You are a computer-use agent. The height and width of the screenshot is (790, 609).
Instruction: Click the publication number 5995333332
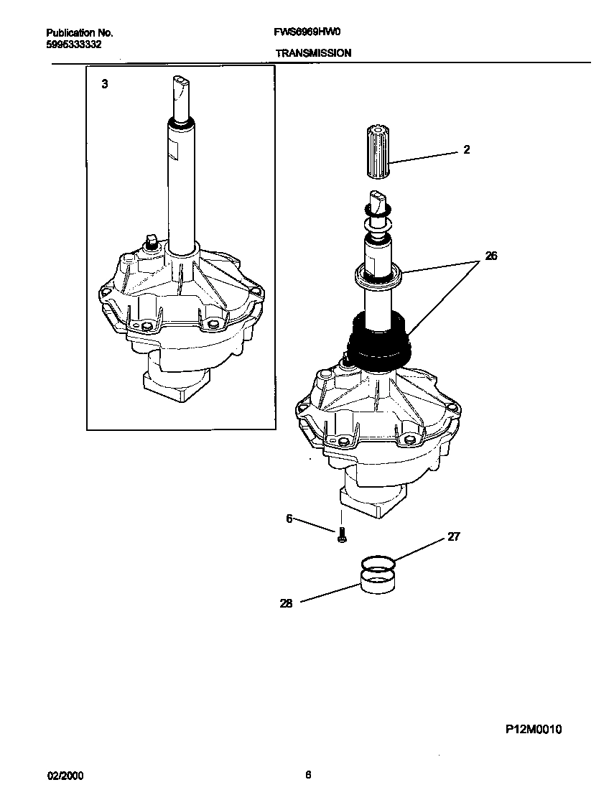tap(73, 44)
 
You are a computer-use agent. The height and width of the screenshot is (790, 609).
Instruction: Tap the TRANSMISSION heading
tap(313, 53)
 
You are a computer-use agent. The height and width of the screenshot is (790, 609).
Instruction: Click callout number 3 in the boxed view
tap(105, 84)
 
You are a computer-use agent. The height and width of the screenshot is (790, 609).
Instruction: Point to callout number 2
tap(467, 150)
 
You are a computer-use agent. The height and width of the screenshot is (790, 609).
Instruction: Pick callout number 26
tap(491, 255)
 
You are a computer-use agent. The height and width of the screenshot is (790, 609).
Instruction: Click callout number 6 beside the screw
tap(289, 519)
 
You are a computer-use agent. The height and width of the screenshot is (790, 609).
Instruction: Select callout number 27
tap(453, 536)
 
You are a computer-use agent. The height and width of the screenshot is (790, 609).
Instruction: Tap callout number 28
tap(286, 604)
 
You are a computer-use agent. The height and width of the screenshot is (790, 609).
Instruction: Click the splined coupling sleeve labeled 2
tap(379, 152)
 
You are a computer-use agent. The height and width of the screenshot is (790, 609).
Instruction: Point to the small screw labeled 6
tap(342, 534)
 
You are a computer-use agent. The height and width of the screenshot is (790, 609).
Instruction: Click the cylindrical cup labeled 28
tap(378, 581)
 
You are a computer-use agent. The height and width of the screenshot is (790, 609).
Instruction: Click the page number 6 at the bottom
tap(308, 775)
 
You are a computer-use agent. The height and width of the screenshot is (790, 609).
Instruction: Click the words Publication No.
tap(79, 33)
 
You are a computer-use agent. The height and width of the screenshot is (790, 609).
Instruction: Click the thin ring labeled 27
tap(377, 562)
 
